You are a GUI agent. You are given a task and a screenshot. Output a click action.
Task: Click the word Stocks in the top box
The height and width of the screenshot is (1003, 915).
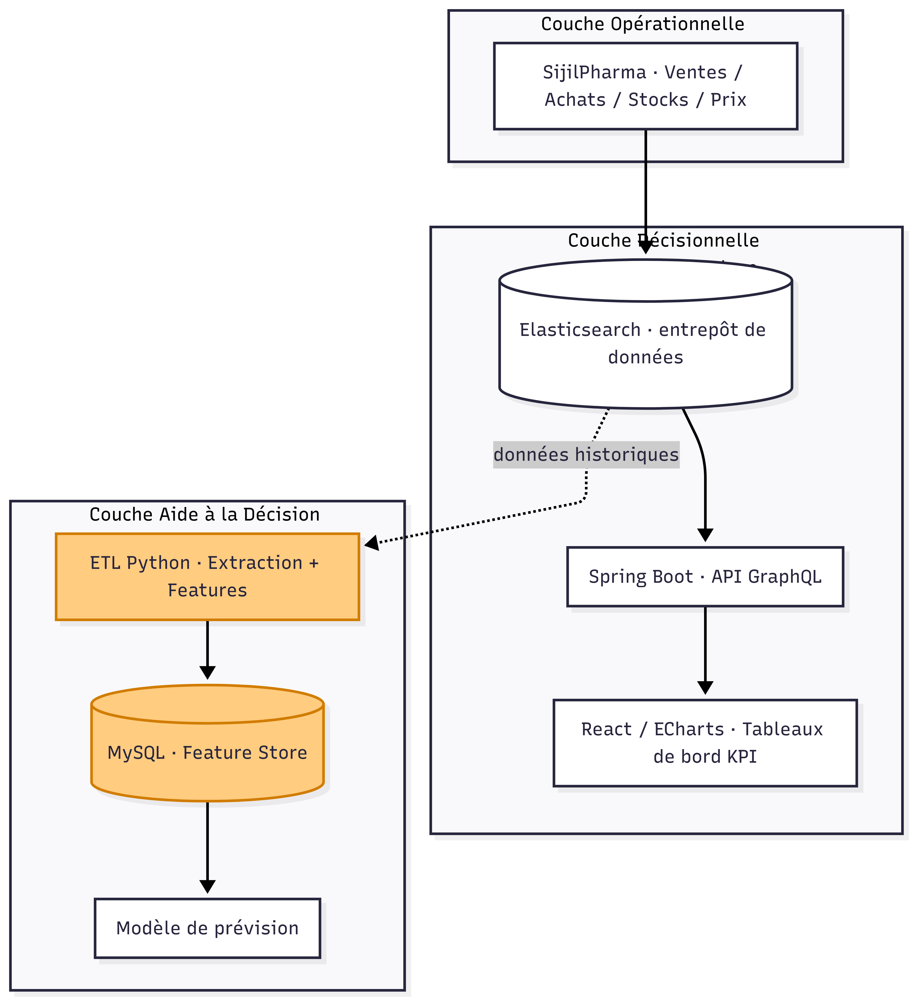[658, 100]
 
